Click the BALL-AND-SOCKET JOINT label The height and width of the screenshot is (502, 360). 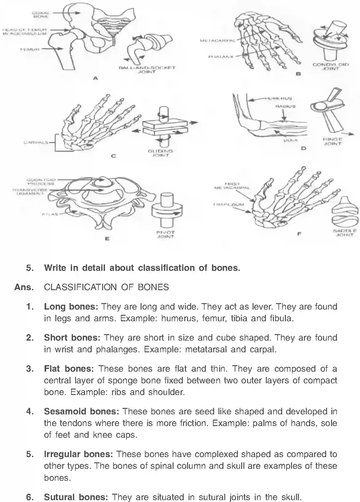pos(147,69)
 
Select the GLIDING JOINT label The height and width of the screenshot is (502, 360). pos(160,153)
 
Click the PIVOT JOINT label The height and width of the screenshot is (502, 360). pos(166,234)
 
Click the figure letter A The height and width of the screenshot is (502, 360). pos(95,78)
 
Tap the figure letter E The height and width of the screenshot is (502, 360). pos(107,238)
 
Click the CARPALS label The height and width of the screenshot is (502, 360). pos(36,142)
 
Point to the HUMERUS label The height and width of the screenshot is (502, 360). pos(279,99)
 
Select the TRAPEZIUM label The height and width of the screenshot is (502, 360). pos(228,204)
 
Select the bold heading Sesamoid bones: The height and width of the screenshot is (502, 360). pos(82,411)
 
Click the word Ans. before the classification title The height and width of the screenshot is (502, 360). pos(24,287)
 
